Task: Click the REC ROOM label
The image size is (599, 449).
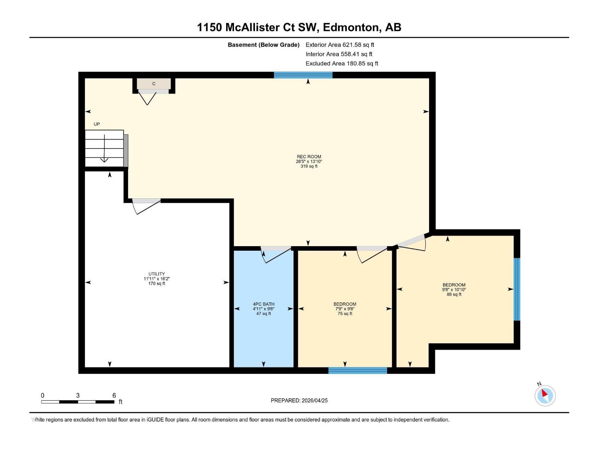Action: point(309,157)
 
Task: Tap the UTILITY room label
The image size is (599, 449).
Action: point(156,274)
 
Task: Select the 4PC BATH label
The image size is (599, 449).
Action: point(264,304)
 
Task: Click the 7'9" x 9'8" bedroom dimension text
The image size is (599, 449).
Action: point(345,309)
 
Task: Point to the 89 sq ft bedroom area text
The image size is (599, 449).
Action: point(454,294)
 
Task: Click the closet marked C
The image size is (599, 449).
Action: point(154,84)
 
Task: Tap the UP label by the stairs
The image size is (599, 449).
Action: point(97,124)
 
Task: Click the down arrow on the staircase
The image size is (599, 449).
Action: point(104,150)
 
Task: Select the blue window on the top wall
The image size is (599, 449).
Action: point(303,75)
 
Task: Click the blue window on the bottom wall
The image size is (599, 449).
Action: point(358,370)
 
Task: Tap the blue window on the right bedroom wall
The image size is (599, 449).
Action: point(517,289)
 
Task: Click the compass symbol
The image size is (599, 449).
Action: point(545,395)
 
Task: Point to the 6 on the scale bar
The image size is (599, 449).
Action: point(114,395)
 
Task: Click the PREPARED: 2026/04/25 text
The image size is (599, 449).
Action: point(299,400)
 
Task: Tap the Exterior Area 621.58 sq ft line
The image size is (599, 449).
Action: point(340,45)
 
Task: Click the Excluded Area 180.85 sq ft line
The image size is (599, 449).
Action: point(341,64)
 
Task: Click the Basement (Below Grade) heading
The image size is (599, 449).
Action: point(264,45)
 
